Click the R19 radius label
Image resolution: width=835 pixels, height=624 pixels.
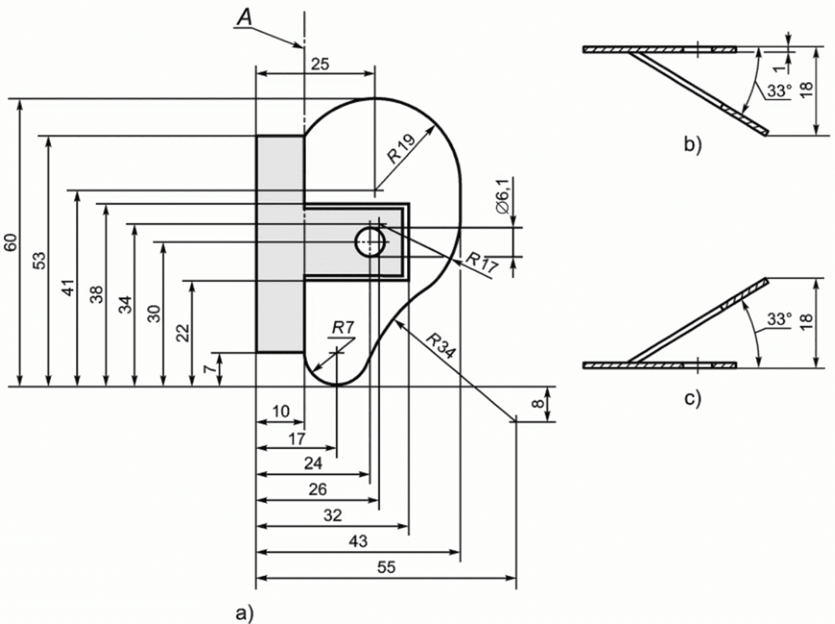pyautogui.click(x=401, y=148)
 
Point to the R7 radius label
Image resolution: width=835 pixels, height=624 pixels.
pyautogui.click(x=342, y=327)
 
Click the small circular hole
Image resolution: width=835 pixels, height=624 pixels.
pyautogui.click(x=371, y=242)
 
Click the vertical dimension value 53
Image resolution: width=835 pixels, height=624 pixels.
pyautogui.click(x=40, y=261)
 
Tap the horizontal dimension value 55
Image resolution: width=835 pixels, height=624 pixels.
pyautogui.click(x=386, y=567)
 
